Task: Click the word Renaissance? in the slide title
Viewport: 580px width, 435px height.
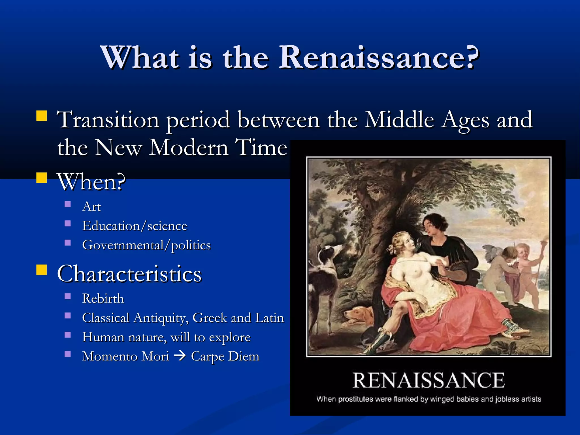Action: pos(379,57)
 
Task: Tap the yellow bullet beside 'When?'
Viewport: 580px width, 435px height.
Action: pos(42,178)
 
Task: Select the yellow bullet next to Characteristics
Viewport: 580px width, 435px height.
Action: pos(42,270)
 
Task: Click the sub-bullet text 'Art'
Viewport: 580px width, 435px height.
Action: pos(91,206)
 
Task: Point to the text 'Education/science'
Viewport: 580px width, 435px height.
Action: pos(135,226)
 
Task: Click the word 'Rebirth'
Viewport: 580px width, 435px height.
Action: pos(103,298)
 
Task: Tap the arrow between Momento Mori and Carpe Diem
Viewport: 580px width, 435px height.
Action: pos(180,356)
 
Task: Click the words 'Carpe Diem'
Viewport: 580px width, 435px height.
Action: pos(225,356)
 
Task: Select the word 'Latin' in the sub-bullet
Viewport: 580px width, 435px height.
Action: pos(269,318)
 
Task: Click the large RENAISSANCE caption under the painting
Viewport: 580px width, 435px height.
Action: pos(428,380)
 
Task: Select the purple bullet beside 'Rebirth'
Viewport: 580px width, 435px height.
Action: pos(68,297)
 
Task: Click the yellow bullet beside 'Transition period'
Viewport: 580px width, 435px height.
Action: pos(42,116)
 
